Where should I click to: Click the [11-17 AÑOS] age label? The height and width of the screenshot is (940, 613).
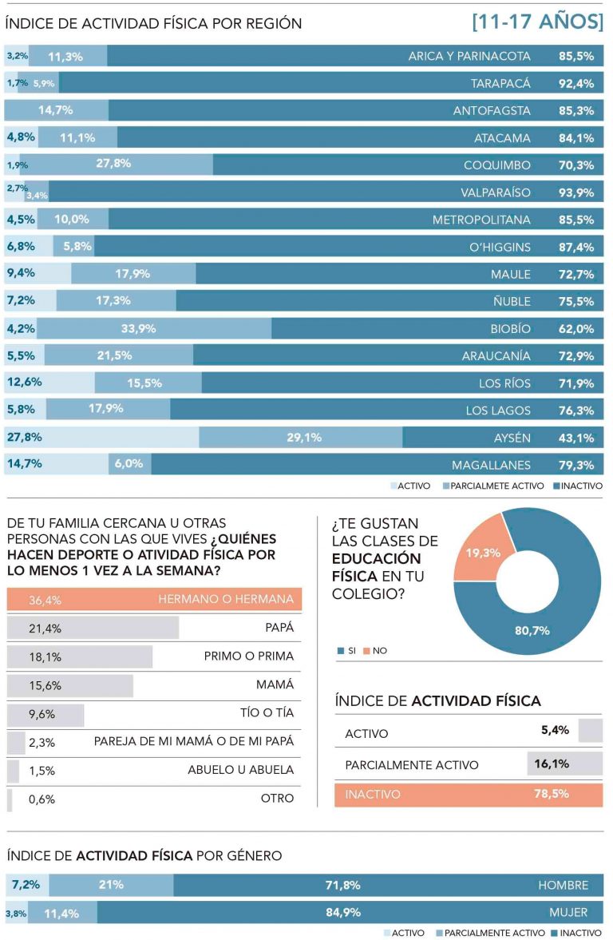pyautogui.click(x=537, y=22)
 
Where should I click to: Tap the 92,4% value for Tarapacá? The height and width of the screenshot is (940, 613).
pyautogui.click(x=575, y=83)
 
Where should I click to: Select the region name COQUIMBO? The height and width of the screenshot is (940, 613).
pyautogui.click(x=496, y=165)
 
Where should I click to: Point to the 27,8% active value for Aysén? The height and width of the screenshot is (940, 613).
pyautogui.click(x=24, y=437)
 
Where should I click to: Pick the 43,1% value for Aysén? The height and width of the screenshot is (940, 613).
pyautogui.click(x=575, y=438)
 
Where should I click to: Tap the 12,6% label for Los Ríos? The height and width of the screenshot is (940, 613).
pyautogui.click(x=24, y=383)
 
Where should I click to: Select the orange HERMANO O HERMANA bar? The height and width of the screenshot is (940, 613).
pyautogui.click(x=154, y=599)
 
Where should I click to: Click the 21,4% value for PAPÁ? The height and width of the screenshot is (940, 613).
pyautogui.click(x=45, y=628)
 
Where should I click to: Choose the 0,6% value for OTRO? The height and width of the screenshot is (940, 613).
pyautogui.click(x=41, y=798)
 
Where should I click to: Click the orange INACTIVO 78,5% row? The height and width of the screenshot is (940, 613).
pyautogui.click(x=469, y=795)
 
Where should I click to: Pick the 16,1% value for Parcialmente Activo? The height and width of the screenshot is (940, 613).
pyautogui.click(x=551, y=764)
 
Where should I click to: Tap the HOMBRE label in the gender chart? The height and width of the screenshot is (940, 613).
pyautogui.click(x=563, y=885)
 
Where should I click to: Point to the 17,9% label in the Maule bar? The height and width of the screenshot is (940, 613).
pyautogui.click(x=132, y=274)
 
